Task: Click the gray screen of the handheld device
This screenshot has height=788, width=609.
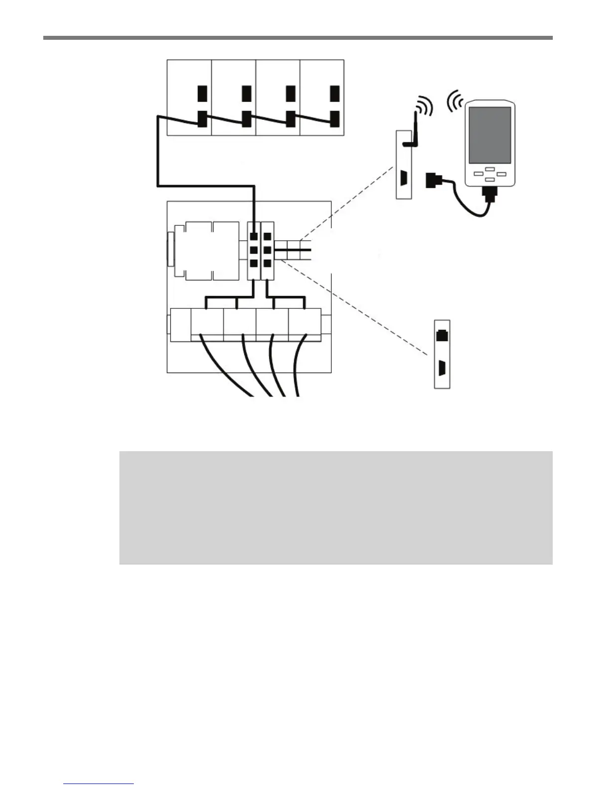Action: pos(490,135)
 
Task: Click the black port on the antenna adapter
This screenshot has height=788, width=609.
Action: pos(404,178)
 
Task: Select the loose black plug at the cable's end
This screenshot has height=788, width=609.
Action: pos(431,180)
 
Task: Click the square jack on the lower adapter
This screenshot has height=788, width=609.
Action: pos(442,335)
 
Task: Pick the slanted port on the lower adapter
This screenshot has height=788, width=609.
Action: pos(442,368)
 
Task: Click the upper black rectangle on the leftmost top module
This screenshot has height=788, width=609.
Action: pos(202,94)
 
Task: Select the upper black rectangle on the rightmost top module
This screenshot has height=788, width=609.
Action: pos(335,94)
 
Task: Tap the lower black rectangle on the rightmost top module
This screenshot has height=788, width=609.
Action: pos(335,118)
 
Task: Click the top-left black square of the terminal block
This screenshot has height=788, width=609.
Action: pos(253,236)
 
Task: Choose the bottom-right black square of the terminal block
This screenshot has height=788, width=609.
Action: pos(268,264)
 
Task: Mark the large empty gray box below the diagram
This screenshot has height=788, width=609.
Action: pos(336,507)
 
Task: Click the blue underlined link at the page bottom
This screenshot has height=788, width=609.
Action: pos(99,785)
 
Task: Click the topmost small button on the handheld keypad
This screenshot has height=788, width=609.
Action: pos(490,169)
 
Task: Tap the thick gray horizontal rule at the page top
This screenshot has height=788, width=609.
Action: pos(298,37)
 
